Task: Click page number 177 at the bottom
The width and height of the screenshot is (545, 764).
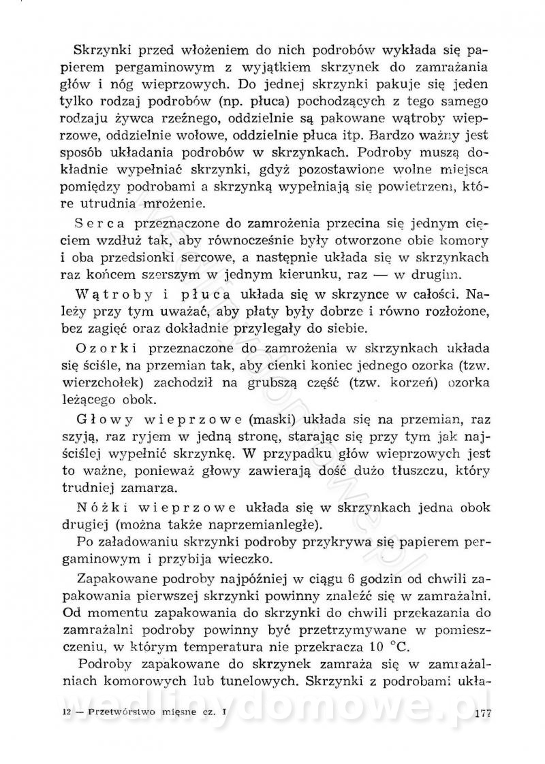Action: (482, 713)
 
